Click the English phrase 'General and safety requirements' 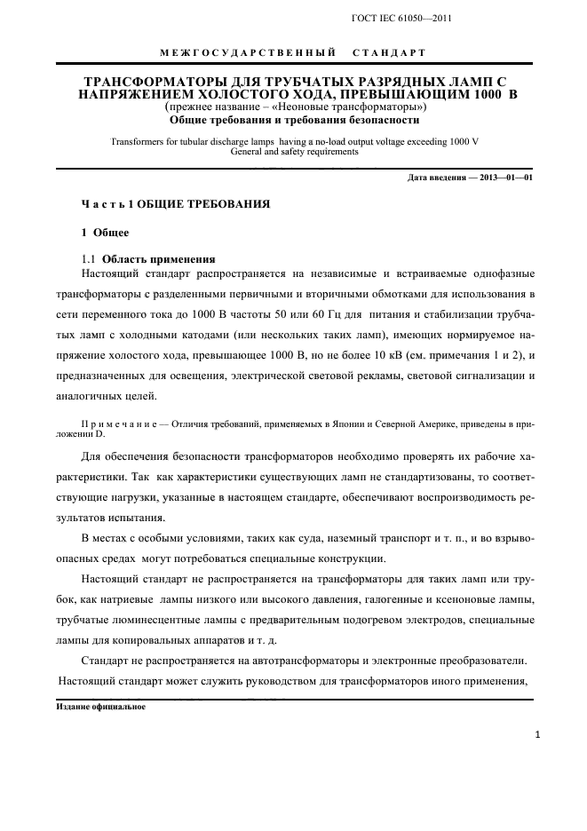(293, 151)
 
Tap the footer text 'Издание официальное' (95, 707)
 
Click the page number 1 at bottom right (539, 735)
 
